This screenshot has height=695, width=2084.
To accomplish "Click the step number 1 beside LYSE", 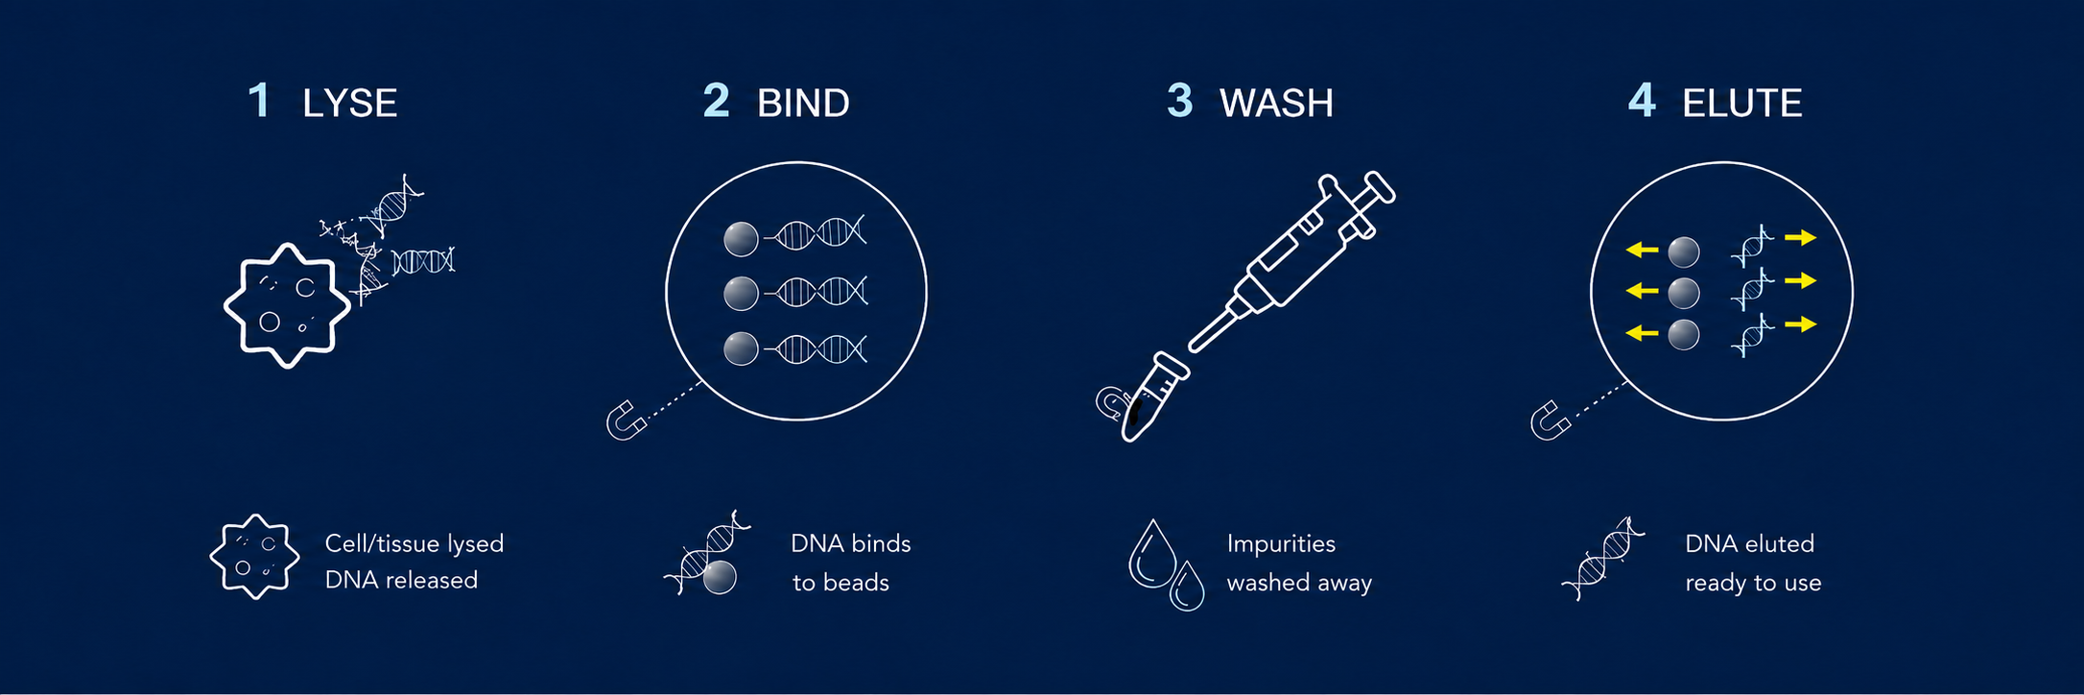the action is click(x=259, y=101).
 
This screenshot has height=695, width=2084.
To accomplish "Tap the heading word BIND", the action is click(x=803, y=104).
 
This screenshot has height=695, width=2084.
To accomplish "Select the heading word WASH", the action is click(x=1276, y=104).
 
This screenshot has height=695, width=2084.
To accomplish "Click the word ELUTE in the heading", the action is click(x=1741, y=104).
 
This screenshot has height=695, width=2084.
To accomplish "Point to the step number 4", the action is click(x=1642, y=101).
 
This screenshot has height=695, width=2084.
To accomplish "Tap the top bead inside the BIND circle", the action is click(x=741, y=239).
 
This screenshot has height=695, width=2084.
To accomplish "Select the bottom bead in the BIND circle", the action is click(x=741, y=348).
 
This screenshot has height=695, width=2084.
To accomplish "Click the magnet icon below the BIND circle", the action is click(x=626, y=420).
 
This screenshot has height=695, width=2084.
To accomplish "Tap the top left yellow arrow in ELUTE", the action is click(x=1642, y=250).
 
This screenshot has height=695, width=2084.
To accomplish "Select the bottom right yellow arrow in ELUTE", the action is click(x=1801, y=324).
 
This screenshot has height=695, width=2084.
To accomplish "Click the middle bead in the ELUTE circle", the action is click(x=1684, y=293).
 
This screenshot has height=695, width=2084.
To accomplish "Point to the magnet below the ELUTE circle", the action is click(x=1550, y=420).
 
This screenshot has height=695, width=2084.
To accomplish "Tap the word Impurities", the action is click(x=1281, y=544).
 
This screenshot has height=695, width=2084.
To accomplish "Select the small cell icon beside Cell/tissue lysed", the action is click(x=254, y=557).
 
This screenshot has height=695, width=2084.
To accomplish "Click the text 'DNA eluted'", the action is click(x=1749, y=544).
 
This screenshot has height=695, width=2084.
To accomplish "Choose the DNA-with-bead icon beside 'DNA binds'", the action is click(x=707, y=553).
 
